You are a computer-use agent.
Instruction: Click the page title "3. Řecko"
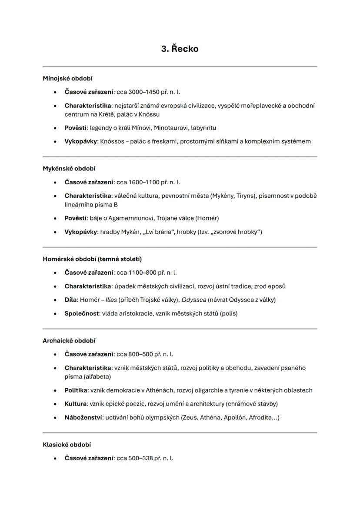point(180,49)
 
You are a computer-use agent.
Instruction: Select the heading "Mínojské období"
point(67,79)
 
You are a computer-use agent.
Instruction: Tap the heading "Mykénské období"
point(69,169)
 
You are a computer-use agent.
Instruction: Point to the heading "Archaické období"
point(69,341)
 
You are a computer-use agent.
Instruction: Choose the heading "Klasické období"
point(67,445)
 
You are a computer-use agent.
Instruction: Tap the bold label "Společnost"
point(81,313)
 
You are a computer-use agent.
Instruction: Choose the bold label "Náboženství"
point(83,418)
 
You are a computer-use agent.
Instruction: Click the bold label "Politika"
point(76,390)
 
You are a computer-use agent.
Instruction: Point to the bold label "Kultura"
point(75,404)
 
